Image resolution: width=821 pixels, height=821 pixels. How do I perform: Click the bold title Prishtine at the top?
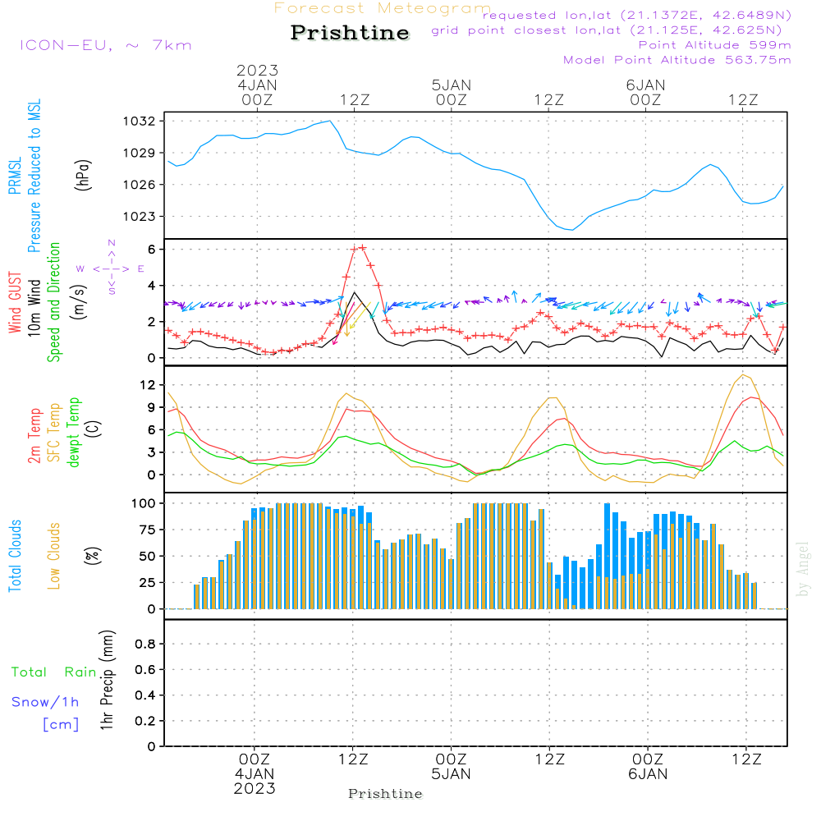tap(350, 33)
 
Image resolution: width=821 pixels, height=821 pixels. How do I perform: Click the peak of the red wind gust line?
tap(362, 246)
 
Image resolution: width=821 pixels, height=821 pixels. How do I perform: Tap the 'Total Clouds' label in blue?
tap(15, 556)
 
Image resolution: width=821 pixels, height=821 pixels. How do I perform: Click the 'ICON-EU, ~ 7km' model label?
tap(105, 45)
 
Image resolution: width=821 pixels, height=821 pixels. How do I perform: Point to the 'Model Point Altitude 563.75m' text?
tap(677, 60)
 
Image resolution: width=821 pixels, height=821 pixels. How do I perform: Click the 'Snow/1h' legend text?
tap(46, 702)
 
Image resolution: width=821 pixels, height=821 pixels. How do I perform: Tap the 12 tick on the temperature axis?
tap(149, 385)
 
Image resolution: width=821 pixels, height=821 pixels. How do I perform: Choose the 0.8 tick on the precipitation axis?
tap(145, 644)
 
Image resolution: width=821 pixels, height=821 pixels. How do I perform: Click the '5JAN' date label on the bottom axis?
tap(451, 774)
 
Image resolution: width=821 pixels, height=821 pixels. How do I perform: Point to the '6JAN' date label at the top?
tap(645, 85)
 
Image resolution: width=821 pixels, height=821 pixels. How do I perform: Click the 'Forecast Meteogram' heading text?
tap(383, 8)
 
